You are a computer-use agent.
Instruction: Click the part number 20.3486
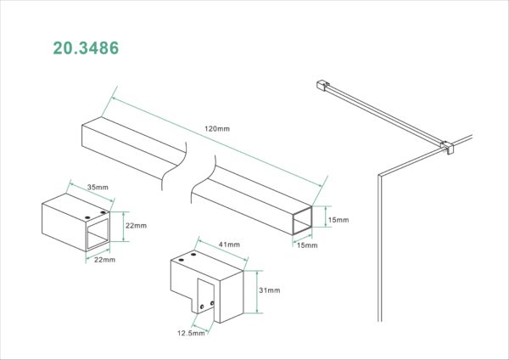pyautogui.click(x=86, y=48)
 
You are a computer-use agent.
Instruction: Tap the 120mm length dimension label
pyautogui.click(x=217, y=129)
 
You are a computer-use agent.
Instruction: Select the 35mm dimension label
pyautogui.click(x=98, y=187)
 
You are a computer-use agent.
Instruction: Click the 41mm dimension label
pyautogui.click(x=229, y=245)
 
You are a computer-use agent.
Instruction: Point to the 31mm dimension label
pyautogui.click(x=270, y=290)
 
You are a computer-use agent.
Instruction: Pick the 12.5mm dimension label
pyautogui.click(x=191, y=333)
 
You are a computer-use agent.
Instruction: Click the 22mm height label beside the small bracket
pyautogui.click(x=136, y=226)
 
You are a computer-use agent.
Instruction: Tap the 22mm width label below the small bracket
pyautogui.click(x=104, y=260)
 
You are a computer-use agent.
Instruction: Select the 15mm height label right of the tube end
pyautogui.click(x=338, y=220)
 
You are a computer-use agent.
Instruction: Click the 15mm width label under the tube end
pyautogui.click(x=307, y=245)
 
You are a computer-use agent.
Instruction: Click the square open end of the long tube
pyautogui.click(x=302, y=221)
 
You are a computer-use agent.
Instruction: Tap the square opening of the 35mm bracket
pyautogui.click(x=98, y=234)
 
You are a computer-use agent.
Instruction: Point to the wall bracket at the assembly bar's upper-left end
pyautogui.click(x=322, y=85)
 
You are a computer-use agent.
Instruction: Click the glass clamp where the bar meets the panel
pyautogui.click(x=447, y=147)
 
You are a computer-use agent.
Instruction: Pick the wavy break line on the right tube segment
pyautogui.click(x=204, y=179)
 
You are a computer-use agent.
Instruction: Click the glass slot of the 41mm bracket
pyautogui.click(x=206, y=296)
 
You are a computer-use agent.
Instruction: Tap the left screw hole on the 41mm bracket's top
pyautogui.click(x=181, y=261)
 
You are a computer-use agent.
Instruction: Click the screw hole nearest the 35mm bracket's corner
pyautogui.click(x=103, y=212)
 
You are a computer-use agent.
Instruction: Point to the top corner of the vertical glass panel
pyautogui.click(x=379, y=176)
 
